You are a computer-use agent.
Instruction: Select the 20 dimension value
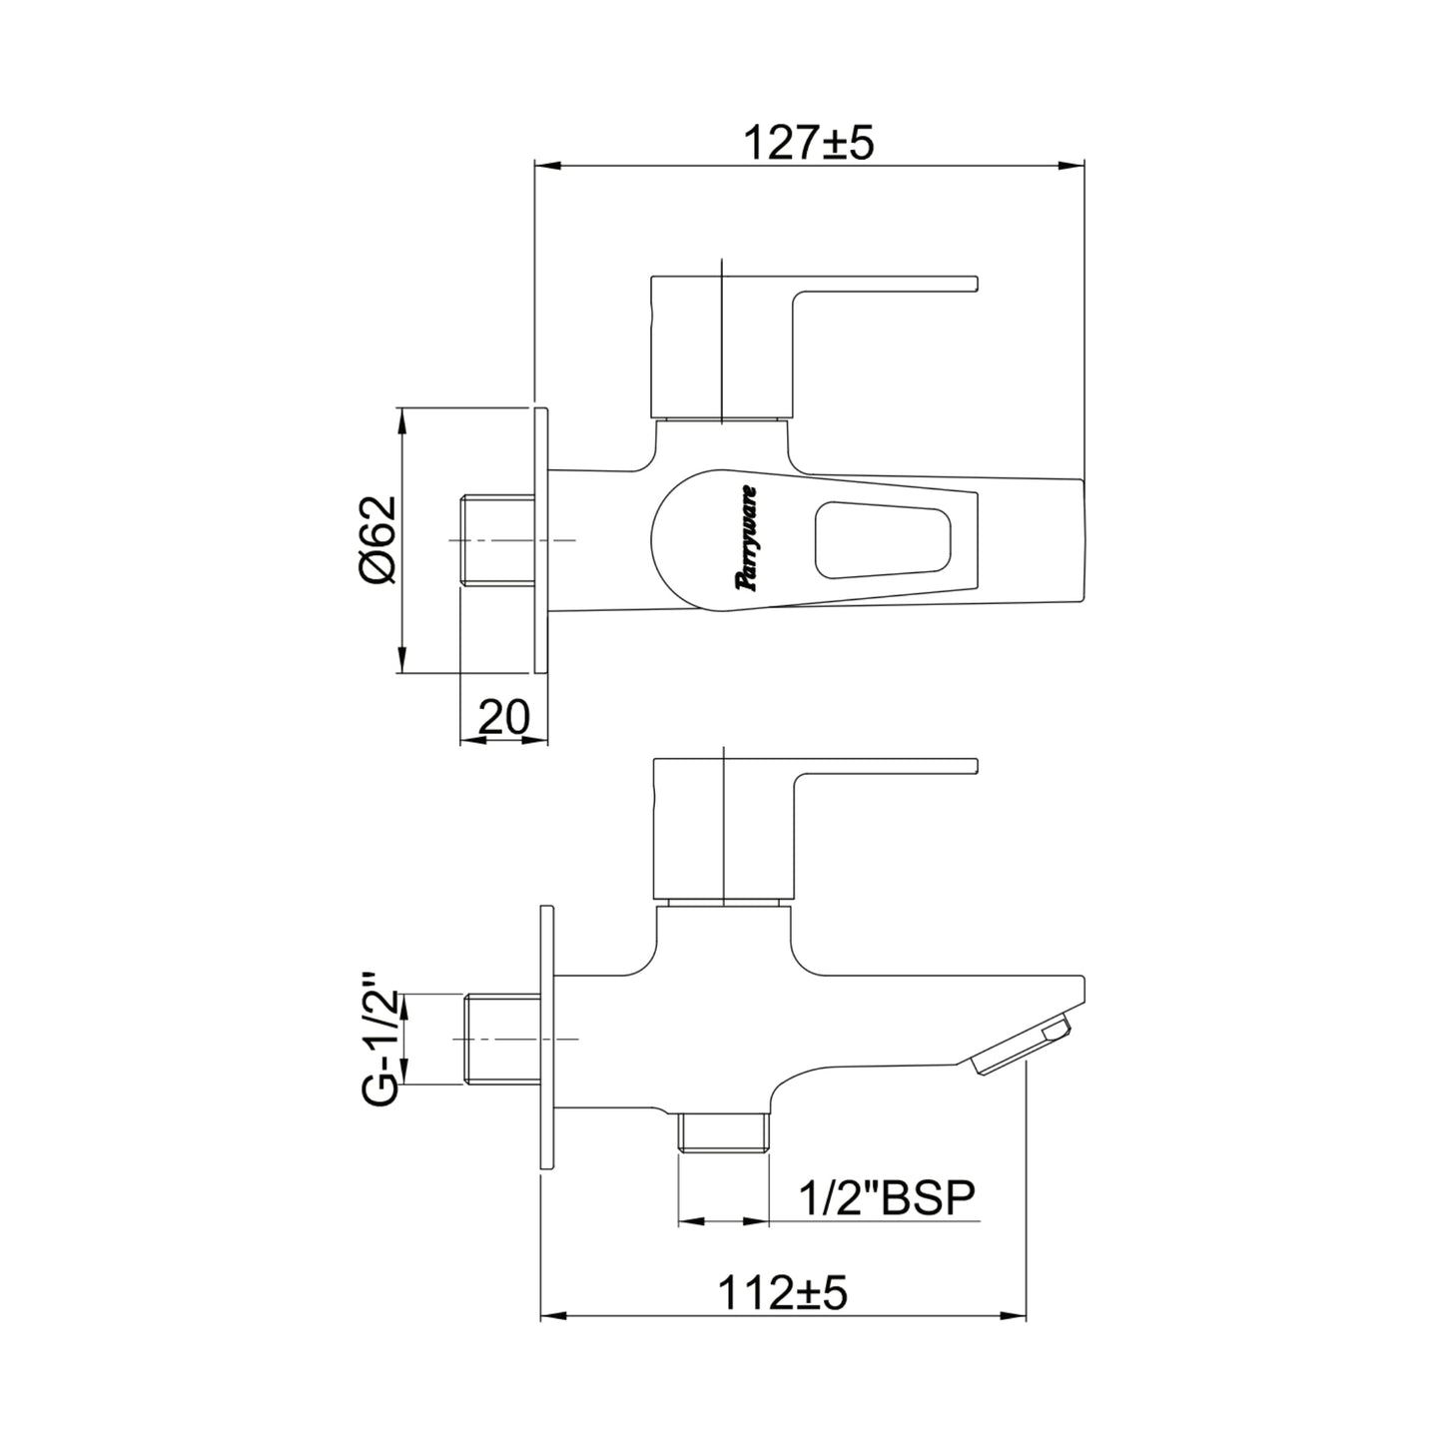503,717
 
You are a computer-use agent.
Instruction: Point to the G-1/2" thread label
379,1050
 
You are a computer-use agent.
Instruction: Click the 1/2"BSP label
888,1199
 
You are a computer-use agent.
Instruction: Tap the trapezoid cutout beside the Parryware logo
882,538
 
